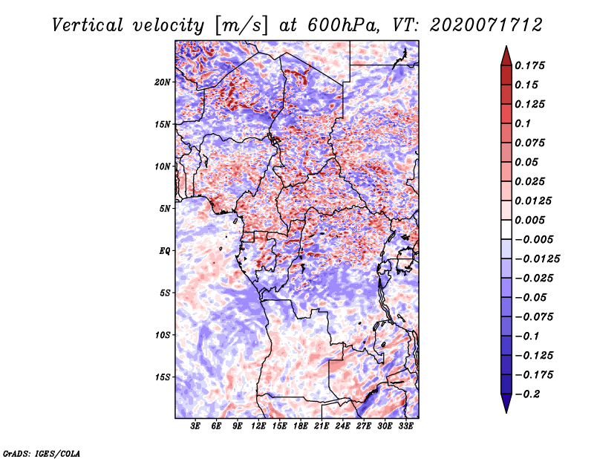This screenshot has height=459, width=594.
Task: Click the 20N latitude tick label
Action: click(163, 82)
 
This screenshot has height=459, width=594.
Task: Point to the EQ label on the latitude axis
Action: click(164, 251)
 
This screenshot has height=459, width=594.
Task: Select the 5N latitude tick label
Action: click(165, 209)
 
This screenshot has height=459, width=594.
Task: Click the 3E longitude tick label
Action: click(195, 426)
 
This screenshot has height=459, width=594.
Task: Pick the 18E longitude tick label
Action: click(301, 426)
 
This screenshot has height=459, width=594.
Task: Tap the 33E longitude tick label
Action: click(405, 426)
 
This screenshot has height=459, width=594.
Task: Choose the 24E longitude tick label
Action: click(342, 426)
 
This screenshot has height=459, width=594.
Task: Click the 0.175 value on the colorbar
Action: click(529, 65)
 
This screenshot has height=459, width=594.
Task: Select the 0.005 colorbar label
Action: click(529, 220)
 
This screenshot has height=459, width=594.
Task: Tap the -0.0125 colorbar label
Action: click(537, 259)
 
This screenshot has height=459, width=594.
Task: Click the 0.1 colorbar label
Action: click(523, 123)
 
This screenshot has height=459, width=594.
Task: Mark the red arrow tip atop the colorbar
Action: click(506, 47)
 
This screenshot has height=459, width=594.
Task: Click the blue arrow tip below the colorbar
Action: click(506, 412)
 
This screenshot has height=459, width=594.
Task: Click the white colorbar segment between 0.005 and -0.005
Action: click(506, 229)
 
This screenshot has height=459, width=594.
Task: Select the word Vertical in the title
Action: click(88, 25)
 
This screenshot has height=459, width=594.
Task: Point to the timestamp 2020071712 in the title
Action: click(486, 25)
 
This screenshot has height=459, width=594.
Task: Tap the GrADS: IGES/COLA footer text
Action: click(42, 454)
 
